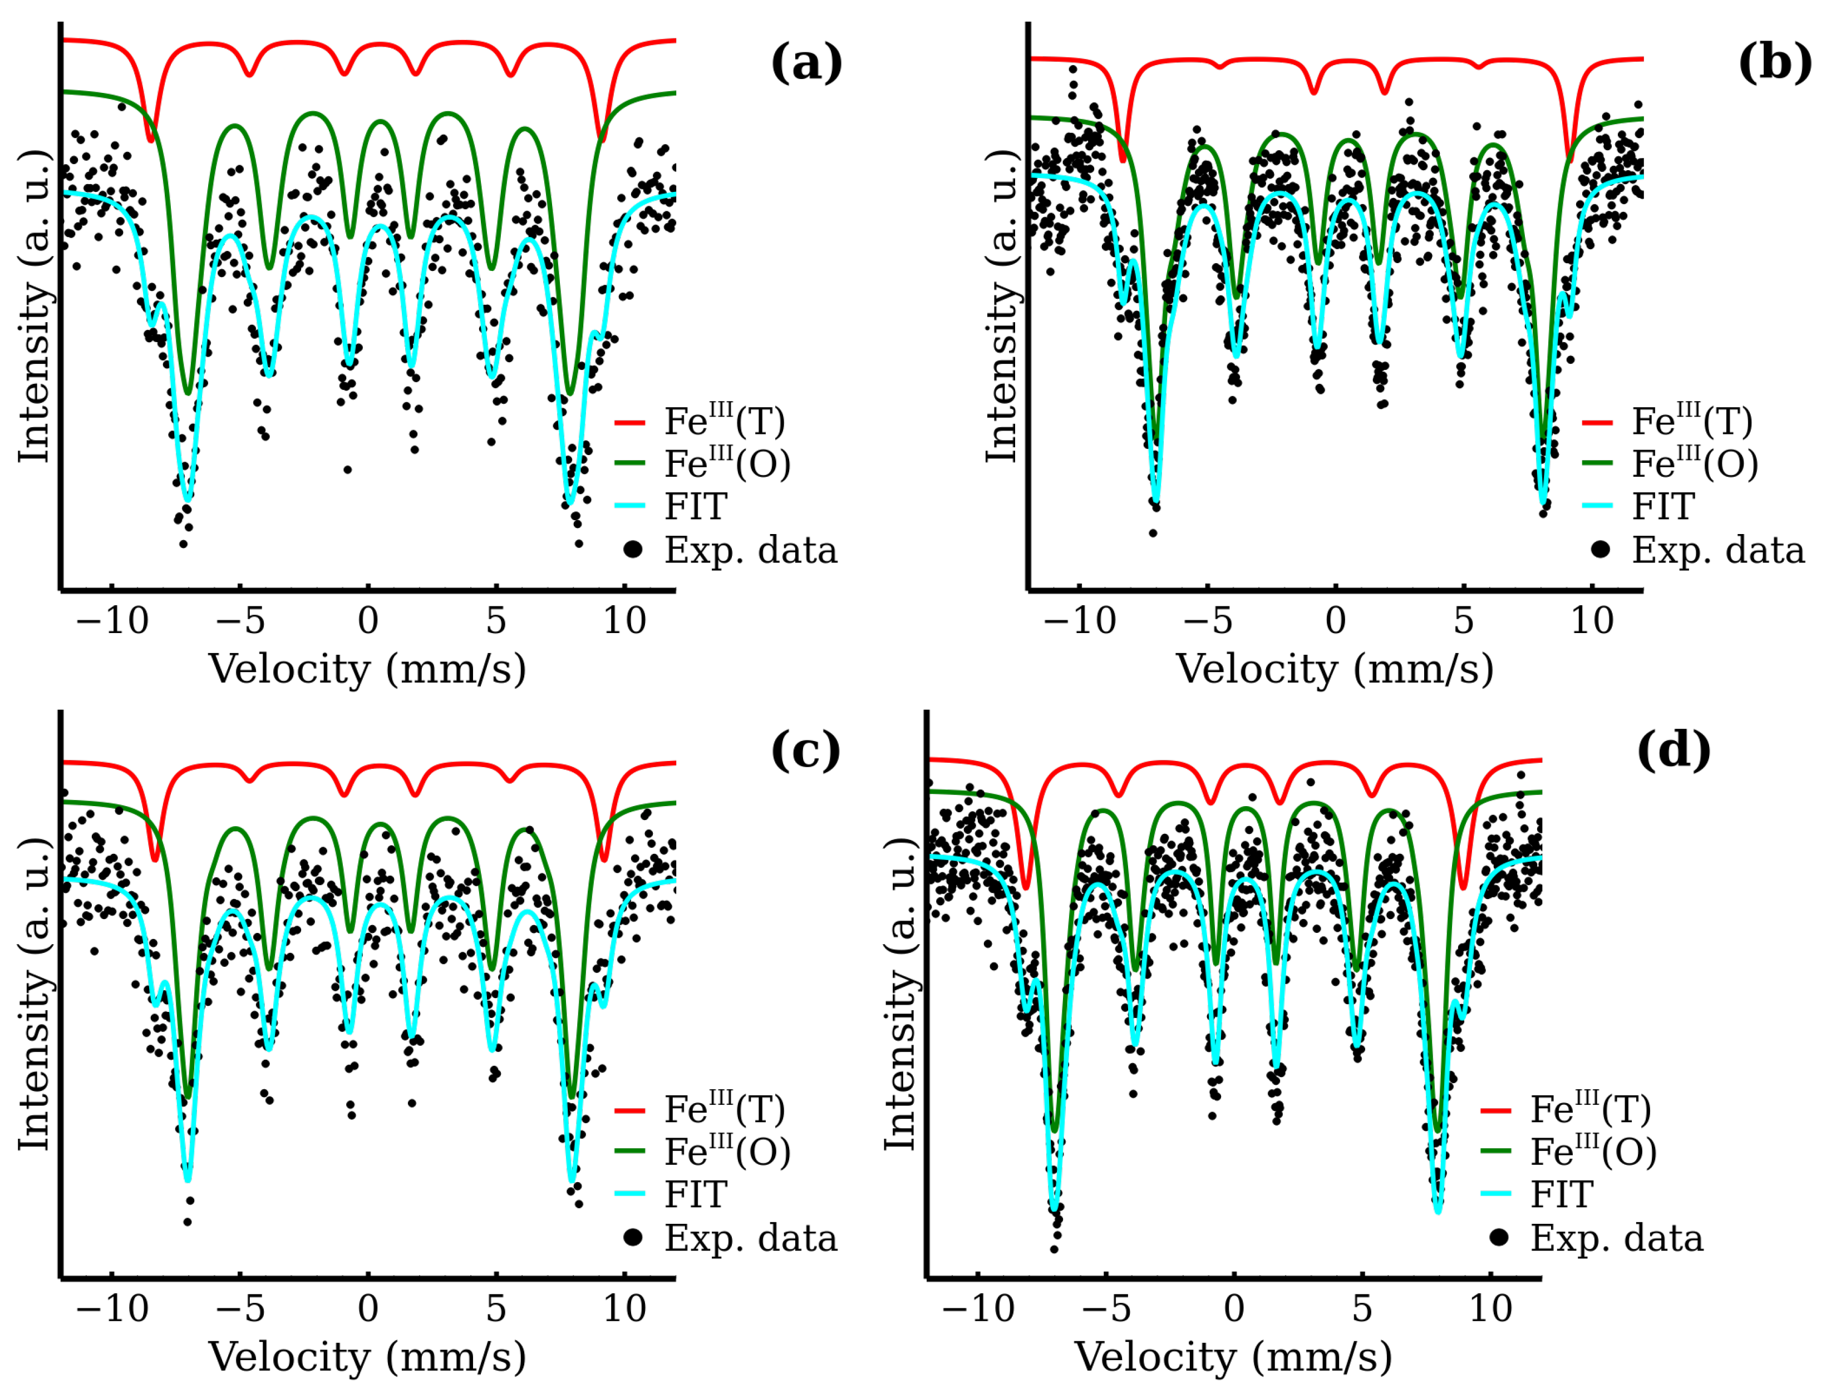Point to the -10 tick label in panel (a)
tap(112, 621)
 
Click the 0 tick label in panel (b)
tap(1335, 621)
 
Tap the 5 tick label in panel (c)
tap(496, 1309)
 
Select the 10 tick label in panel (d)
tap(1490, 1309)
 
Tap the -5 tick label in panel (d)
tap(1107, 1309)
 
